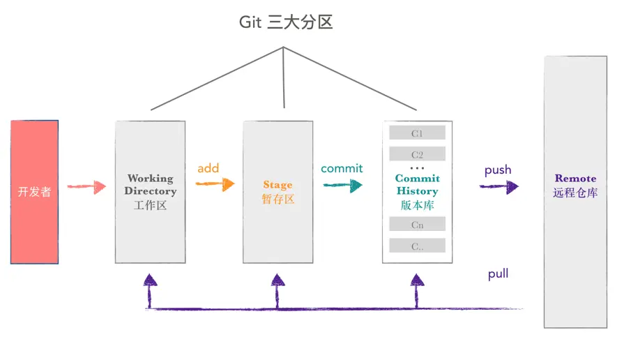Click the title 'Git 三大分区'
[286, 22]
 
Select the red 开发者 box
[34, 192]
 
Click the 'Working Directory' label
[151, 185]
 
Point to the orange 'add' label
[208, 168]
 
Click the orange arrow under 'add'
[215, 184]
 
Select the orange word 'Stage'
[277, 185]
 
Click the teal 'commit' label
[342, 168]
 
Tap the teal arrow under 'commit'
[342, 185]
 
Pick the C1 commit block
[417, 133]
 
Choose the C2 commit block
[417, 154]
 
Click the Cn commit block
[417, 225]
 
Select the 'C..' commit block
[417, 246]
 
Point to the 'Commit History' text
[417, 185]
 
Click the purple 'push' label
[498, 170]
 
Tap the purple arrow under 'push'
[499, 186]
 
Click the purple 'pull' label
[498, 274]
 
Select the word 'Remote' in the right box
[575, 179]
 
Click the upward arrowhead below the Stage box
[277, 280]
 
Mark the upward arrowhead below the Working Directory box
[150, 280]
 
